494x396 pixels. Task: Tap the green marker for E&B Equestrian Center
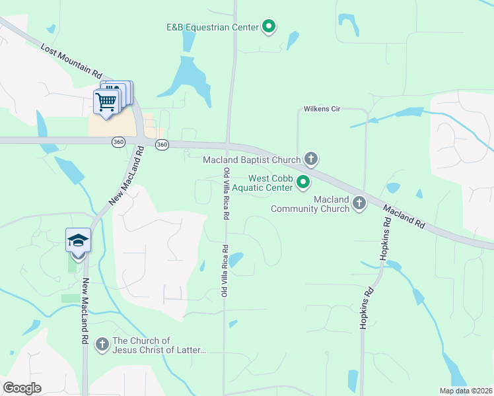pos(269,26)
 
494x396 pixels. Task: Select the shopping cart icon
pos(106,102)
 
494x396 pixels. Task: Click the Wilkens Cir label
pos(322,109)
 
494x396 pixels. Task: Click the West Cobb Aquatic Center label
pos(270,183)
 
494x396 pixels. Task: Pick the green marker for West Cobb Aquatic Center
pos(304,181)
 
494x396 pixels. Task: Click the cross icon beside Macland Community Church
pos(359,203)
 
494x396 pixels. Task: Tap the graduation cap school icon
pos(78,240)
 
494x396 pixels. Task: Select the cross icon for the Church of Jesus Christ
pos(102,344)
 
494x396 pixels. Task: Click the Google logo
pos(22,388)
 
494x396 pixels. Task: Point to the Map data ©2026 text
pos(466,391)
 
